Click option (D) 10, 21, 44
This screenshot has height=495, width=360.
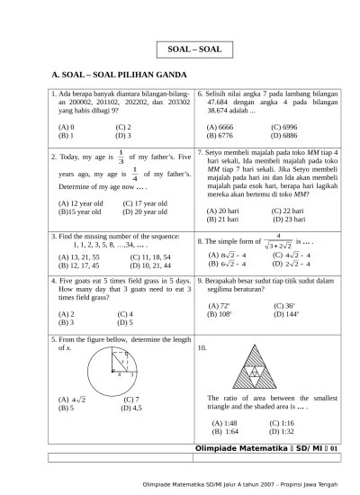click(x=144, y=265)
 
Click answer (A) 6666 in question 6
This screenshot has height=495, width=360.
click(x=220, y=127)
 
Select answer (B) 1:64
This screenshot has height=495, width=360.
click(x=224, y=431)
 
